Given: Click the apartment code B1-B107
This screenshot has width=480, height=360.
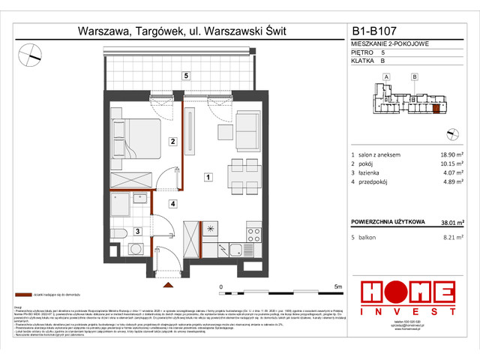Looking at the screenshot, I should [x=374, y=32].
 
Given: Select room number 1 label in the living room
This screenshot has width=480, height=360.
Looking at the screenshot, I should [x=208, y=177].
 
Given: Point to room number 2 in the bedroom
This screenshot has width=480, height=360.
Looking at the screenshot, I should [x=172, y=141].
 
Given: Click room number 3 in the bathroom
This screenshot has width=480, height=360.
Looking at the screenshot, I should [x=137, y=232].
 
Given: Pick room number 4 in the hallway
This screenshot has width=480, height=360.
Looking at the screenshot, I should [x=172, y=203].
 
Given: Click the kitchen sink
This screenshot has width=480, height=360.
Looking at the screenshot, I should [x=235, y=249].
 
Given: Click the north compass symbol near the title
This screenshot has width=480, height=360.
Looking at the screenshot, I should [x=31, y=53].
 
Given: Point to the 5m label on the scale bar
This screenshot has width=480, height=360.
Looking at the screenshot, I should [x=338, y=287].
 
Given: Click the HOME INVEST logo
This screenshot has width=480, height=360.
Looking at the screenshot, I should [x=407, y=297].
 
